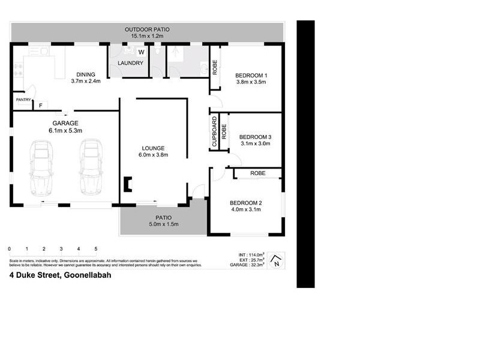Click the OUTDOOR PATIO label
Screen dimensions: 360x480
click(148, 29)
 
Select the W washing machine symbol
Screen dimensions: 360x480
click(141, 52)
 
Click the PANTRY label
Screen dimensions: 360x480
click(23, 100)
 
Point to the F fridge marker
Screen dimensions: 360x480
click(41, 106)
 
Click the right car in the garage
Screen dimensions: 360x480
click(91, 167)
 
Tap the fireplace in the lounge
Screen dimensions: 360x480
click(127, 184)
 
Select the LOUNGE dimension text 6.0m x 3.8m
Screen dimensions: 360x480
click(153, 155)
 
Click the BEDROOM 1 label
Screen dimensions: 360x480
click(251, 74)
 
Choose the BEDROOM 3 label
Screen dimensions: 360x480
click(255, 136)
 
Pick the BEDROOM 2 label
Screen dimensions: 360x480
click(246, 202)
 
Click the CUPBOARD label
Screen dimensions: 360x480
click(214, 132)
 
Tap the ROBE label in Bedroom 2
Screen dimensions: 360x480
click(258, 173)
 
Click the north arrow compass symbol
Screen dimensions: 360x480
click(275, 260)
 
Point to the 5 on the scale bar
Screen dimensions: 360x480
click(95, 248)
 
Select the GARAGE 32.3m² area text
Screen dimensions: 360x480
click(248, 265)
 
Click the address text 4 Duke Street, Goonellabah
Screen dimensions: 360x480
click(52, 276)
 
